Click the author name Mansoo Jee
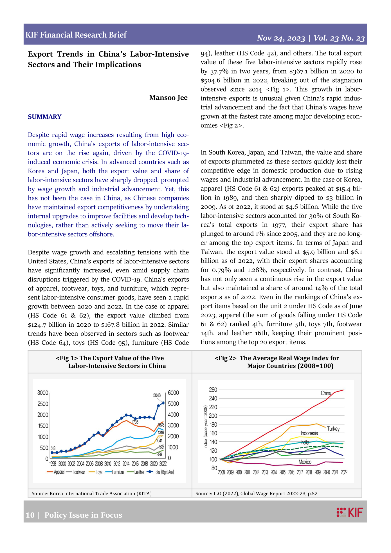(168, 98)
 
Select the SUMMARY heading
(44, 117)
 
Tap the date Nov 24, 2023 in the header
(281, 38)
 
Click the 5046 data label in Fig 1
(157, 395)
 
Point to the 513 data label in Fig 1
(53, 448)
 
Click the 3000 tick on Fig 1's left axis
(43, 393)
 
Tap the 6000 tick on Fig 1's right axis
(173, 393)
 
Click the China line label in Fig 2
(326, 393)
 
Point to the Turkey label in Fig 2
(333, 429)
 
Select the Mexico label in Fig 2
(305, 462)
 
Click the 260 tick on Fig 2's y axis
(213, 390)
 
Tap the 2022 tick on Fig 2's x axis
(344, 472)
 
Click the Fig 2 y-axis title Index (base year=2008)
(206, 427)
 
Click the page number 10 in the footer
(30, 515)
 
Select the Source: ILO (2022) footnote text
(256, 493)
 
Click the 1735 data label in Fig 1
(135, 422)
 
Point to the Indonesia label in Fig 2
(309, 433)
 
